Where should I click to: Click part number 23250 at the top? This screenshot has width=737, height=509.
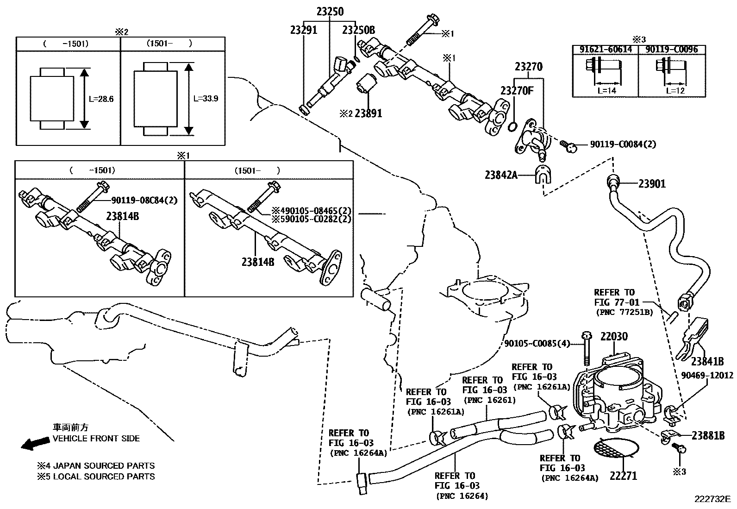pyautogui.click(x=330, y=11)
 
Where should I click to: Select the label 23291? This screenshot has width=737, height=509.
pyautogui.click(x=304, y=30)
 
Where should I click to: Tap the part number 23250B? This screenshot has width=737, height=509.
pyautogui.click(x=358, y=30)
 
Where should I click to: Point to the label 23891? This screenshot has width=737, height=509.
pyautogui.click(x=368, y=113)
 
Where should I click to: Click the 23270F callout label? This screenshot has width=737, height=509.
pyautogui.click(x=517, y=90)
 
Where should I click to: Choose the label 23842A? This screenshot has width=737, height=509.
pyautogui.click(x=501, y=175)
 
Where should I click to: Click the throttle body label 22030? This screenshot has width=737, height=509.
pyautogui.click(x=614, y=337)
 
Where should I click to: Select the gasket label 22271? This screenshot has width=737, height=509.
pyautogui.click(x=623, y=475)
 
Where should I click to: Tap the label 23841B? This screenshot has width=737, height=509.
pyautogui.click(x=707, y=361)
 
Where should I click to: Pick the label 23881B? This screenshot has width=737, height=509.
pyautogui.click(x=708, y=435)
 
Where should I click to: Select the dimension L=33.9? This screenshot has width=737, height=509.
pyautogui.click(x=206, y=99)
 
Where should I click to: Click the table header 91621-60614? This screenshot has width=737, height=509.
pyautogui.click(x=605, y=50)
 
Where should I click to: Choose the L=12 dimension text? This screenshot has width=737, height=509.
pyautogui.click(x=674, y=90)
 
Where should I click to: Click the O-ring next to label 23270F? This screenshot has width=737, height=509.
pyautogui.click(x=513, y=126)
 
